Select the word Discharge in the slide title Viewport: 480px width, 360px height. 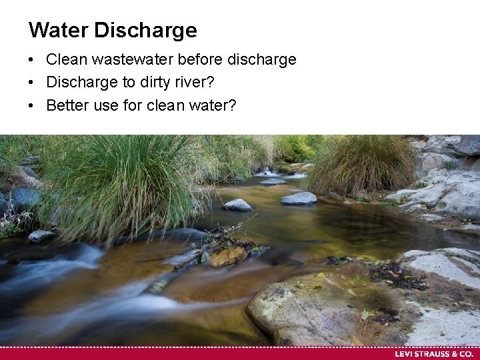(x=145, y=30)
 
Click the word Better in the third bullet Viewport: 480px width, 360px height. (x=67, y=105)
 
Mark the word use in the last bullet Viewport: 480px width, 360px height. (x=105, y=105)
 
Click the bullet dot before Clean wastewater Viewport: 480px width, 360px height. (x=31, y=60)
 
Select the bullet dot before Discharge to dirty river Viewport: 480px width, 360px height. (x=31, y=83)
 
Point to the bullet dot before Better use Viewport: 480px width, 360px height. (x=31, y=106)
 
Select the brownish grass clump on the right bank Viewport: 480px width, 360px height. (x=363, y=167)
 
